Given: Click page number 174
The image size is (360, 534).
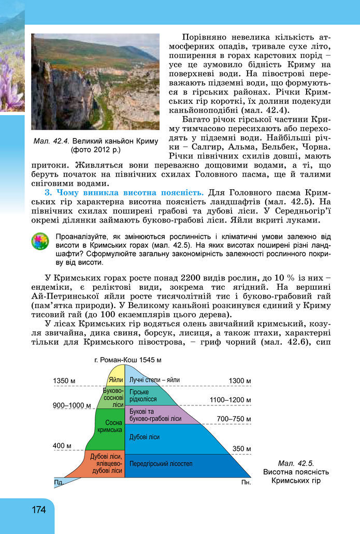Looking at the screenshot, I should (38, 510).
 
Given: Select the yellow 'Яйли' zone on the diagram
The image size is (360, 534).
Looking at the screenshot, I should (116, 380).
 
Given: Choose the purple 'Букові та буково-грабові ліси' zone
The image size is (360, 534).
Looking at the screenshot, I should (155, 415).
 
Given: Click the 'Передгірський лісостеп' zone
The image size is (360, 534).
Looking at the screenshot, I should (161, 462).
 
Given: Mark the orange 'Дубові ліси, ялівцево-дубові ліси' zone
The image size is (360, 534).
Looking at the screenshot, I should (107, 464).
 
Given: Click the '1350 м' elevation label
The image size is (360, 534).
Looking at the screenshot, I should (64, 381).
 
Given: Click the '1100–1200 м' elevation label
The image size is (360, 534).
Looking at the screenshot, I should (230, 400).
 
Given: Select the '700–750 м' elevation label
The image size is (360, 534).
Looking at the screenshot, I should (234, 418).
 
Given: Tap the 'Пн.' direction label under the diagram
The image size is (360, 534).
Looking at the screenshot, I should (246, 482).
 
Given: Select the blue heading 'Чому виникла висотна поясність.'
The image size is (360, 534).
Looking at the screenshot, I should (125, 193).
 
